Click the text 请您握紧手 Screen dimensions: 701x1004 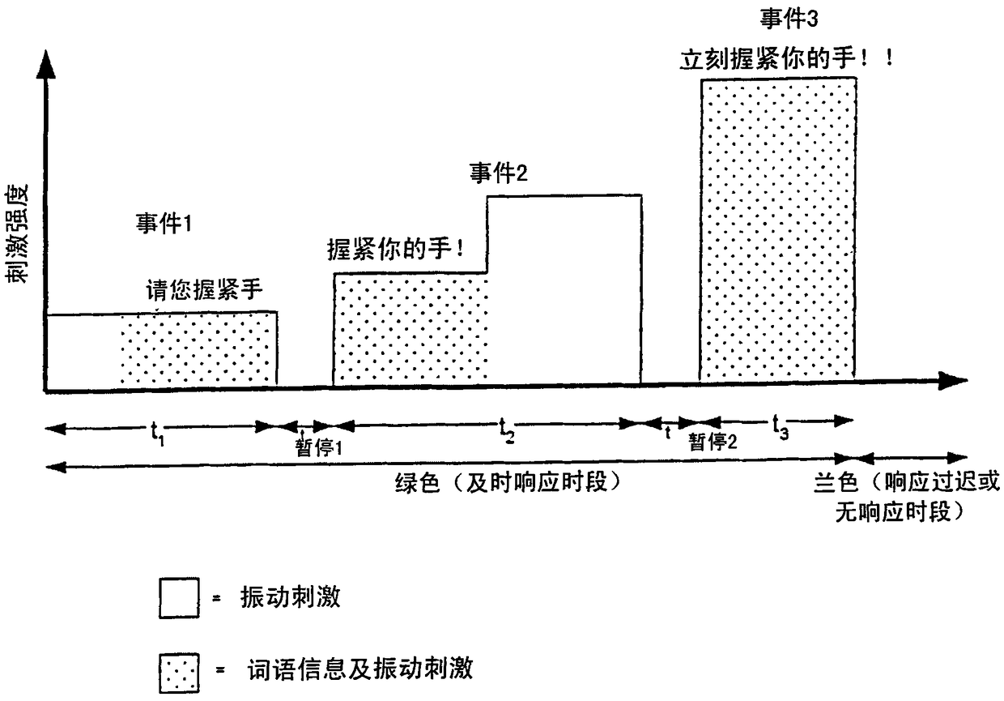point(204,289)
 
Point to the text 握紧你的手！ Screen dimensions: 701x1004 point(397,248)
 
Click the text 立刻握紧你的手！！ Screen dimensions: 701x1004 point(785,58)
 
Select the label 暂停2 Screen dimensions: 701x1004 point(713,442)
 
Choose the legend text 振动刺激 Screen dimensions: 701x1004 point(291,598)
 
